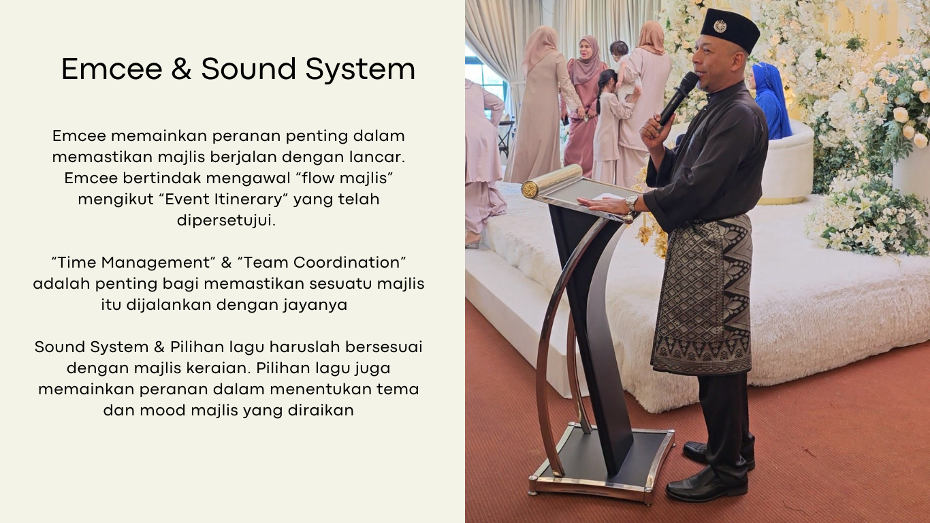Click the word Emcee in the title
click(x=112, y=69)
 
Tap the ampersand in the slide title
click(x=181, y=69)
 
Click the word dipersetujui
click(x=226, y=221)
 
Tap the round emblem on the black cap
click(x=720, y=26)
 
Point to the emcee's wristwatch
click(x=632, y=203)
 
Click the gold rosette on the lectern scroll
click(x=530, y=189)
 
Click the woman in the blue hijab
click(x=771, y=101)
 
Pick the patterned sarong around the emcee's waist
click(x=703, y=296)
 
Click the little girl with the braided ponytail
click(x=611, y=125)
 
